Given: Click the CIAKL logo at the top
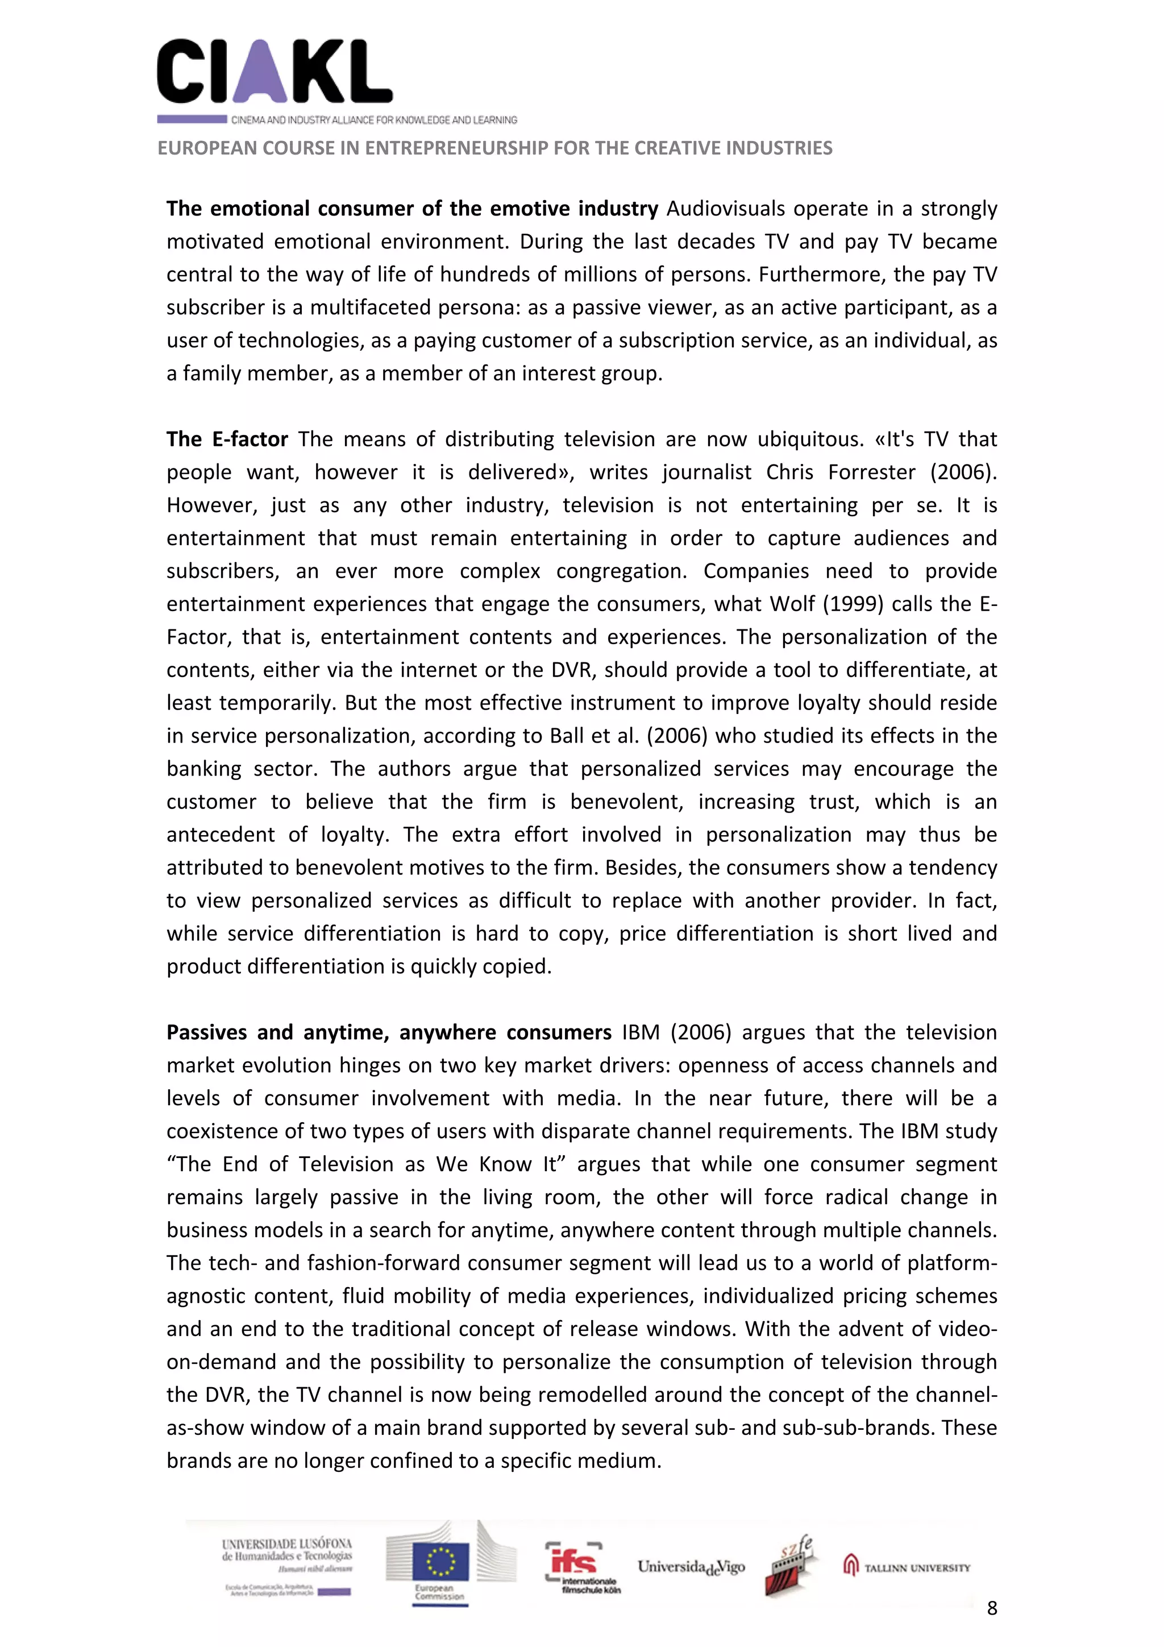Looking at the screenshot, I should (274, 72).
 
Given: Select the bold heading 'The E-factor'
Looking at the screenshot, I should (227, 439).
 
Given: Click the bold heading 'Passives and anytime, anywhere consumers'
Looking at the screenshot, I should (389, 1032).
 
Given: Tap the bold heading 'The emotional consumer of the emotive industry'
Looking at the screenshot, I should (411, 209).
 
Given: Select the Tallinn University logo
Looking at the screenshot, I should (907, 1567).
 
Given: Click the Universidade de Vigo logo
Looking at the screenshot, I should (691, 1567).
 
